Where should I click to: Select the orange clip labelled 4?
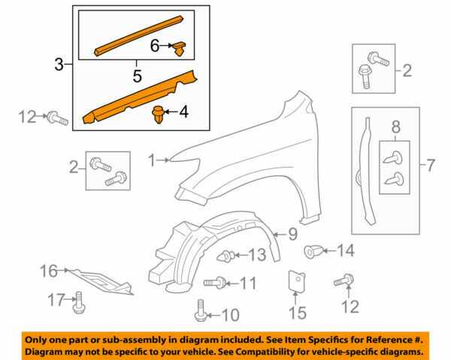coord(158,115)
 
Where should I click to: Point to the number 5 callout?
coord(136,76)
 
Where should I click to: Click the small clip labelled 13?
coord(222,257)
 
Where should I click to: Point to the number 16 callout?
coord(48,270)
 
